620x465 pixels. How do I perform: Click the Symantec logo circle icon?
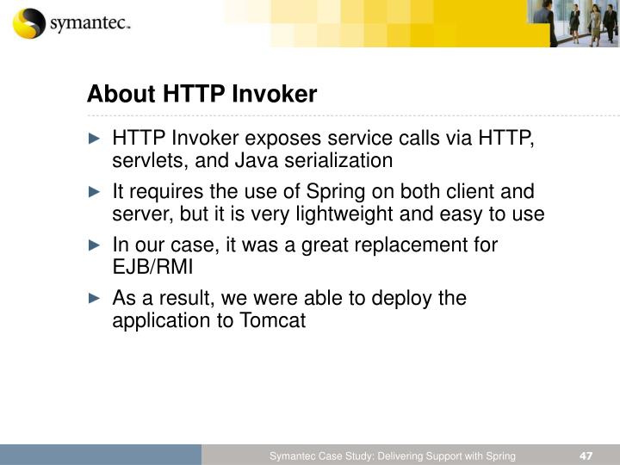[x=28, y=24]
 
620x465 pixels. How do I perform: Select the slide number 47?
[x=586, y=455]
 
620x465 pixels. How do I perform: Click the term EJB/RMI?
[x=153, y=267]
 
